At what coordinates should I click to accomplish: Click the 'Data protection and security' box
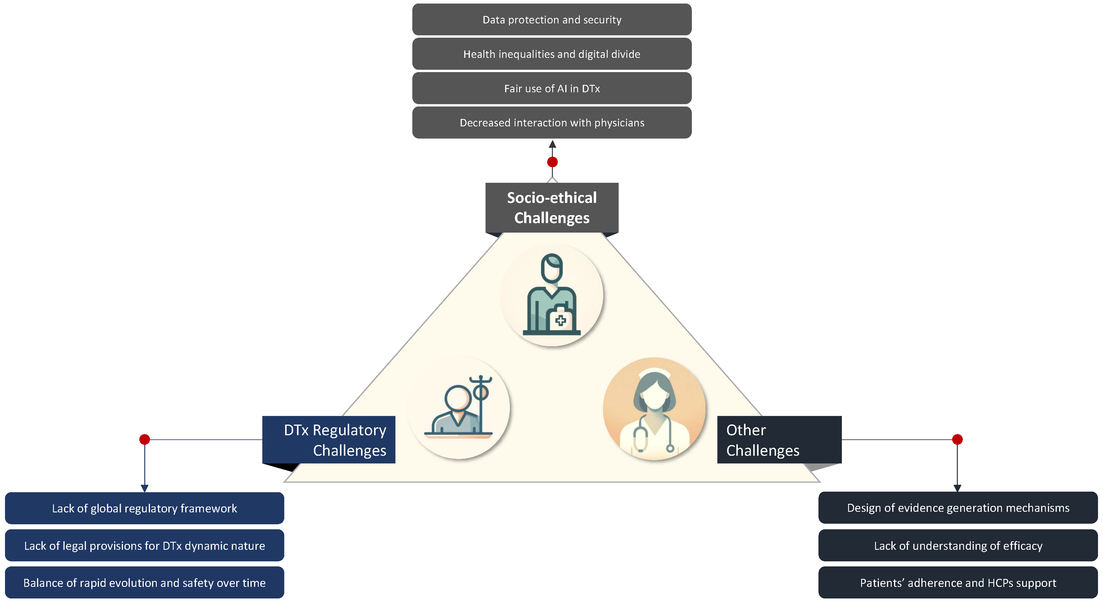tap(551, 20)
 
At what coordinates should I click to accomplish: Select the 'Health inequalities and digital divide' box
tap(551, 54)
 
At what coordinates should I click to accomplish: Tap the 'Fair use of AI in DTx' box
tap(551, 88)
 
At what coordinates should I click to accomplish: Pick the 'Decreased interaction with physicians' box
tap(551, 123)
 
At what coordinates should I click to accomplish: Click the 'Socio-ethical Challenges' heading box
tap(551, 208)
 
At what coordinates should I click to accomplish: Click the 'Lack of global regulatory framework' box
tap(144, 508)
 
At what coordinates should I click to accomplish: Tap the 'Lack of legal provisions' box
tap(144, 546)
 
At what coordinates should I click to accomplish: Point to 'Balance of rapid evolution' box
tap(144, 583)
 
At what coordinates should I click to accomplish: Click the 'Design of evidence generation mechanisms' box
tap(958, 508)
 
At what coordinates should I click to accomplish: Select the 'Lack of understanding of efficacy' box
tap(958, 546)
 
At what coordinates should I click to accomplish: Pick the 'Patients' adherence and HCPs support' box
tap(958, 583)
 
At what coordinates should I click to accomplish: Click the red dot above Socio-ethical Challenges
tap(552, 162)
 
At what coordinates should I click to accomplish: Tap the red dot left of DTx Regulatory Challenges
tap(145, 439)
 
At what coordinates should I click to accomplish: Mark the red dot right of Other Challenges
tap(957, 439)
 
